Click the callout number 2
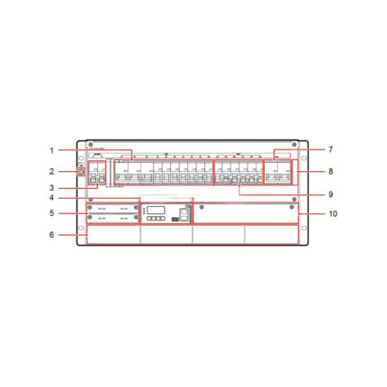point(52,170)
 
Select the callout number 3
point(52,187)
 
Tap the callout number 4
point(52,198)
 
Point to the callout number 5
point(52,213)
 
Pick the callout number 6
point(52,235)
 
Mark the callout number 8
point(331,170)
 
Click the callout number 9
point(331,193)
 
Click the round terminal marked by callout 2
point(83,171)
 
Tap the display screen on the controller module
point(153,208)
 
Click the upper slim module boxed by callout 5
point(112,208)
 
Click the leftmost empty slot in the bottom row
point(113,233)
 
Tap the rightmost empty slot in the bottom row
point(272,233)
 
